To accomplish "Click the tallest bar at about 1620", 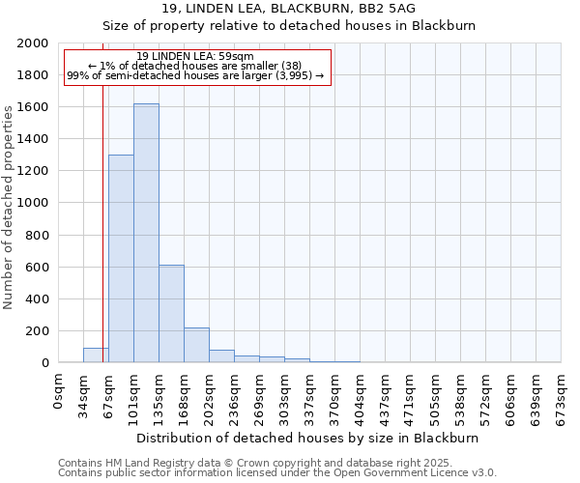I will (x=146, y=233).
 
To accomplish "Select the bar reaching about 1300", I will (x=121, y=259).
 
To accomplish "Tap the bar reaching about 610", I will (x=171, y=314).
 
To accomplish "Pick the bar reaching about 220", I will (x=196, y=345).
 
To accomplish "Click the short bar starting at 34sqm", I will (x=96, y=355).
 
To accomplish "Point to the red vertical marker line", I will (x=102, y=241).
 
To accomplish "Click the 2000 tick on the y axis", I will (x=34, y=43).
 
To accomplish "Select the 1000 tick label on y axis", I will (x=34, y=204).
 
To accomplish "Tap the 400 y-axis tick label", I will (x=38, y=299).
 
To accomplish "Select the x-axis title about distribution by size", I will (x=309, y=438).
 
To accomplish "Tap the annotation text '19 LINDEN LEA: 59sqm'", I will (x=196, y=56).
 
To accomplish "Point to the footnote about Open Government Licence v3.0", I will (x=277, y=472).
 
